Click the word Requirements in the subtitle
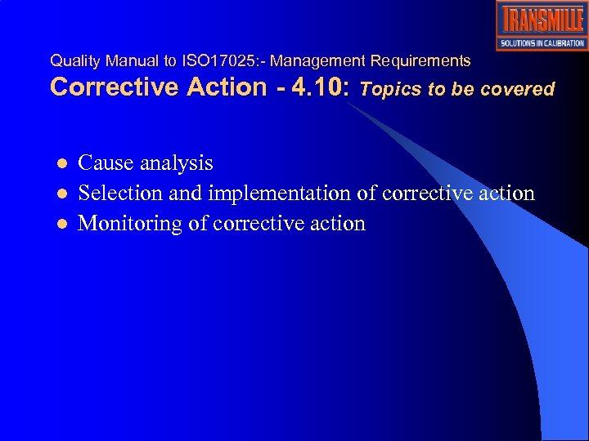(x=420, y=60)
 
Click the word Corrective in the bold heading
(x=114, y=88)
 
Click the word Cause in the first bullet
(x=106, y=163)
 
